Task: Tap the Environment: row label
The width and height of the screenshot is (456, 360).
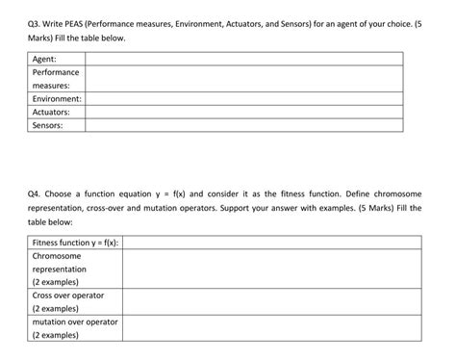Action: click(57, 99)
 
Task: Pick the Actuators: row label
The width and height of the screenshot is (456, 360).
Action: click(53, 112)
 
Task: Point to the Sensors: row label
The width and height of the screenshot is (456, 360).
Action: click(49, 125)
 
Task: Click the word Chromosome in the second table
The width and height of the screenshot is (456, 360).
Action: click(57, 257)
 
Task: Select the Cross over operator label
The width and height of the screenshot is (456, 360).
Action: click(67, 296)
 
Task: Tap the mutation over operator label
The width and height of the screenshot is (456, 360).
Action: click(74, 322)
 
